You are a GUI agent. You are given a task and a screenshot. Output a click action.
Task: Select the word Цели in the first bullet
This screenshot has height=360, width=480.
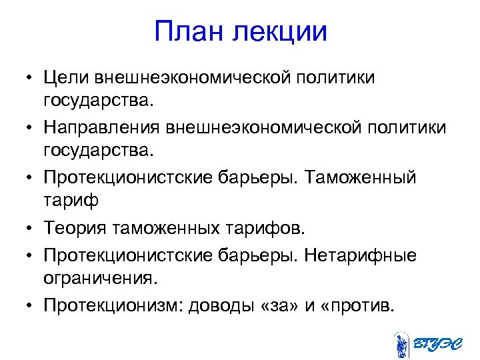(x=65, y=78)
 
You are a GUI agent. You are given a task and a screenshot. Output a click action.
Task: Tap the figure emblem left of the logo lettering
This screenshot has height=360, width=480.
(x=401, y=343)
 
